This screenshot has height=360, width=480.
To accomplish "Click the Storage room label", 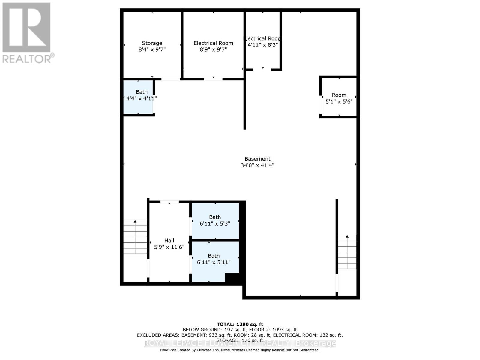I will tap(152, 43).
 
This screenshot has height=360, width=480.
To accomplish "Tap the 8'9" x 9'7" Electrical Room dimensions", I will tap(213, 49).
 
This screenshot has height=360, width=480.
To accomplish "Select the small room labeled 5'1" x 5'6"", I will tap(339, 98).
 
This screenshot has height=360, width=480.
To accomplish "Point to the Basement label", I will tap(257, 159).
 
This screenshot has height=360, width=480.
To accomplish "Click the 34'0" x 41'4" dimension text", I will tap(257, 165).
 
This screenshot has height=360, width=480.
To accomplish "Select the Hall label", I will tap(169, 241).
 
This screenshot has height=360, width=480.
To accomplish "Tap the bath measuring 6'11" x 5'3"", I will tap(215, 220).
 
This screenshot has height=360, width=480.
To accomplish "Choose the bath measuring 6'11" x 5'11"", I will tap(214, 259).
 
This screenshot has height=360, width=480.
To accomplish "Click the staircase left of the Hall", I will tap(135, 237).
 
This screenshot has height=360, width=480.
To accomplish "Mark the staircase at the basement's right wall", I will tap(347, 252).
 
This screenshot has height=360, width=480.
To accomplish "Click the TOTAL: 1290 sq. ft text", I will tap(240, 324).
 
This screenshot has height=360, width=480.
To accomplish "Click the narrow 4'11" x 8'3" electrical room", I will tap(263, 42).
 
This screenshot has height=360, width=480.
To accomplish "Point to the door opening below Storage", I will tap(171, 79).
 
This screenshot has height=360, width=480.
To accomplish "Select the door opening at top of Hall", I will tap(169, 202).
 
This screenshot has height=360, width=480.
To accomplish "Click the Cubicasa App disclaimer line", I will tap(240, 350).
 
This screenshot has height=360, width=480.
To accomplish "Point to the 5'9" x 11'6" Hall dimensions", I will tap(169, 247).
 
